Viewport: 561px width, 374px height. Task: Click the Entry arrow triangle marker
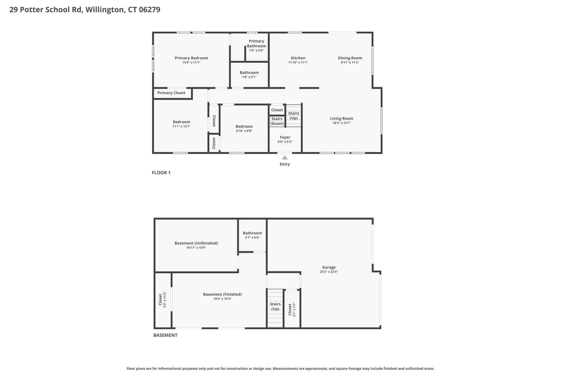tap(285, 158)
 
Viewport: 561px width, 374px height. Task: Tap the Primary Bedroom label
tap(191, 58)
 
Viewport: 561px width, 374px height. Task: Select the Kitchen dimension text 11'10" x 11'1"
tap(298, 62)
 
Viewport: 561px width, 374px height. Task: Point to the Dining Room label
tap(350, 58)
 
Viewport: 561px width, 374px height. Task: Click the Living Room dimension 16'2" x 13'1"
tap(342, 123)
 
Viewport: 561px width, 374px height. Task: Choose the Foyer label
tap(285, 137)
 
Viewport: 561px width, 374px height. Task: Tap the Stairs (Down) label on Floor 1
tap(277, 121)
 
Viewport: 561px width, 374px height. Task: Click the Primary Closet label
tap(171, 93)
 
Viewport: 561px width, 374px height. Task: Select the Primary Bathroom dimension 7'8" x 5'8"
tap(256, 50)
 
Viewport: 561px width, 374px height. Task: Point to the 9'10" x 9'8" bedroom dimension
tap(244, 131)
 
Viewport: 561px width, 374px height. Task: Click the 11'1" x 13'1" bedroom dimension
tap(181, 126)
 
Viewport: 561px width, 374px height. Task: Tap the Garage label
tap(329, 267)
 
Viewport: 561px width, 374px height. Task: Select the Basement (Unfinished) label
tap(196, 243)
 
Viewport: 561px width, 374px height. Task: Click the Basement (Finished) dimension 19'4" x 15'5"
tap(222, 299)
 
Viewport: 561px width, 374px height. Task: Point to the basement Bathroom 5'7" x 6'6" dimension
tap(252, 238)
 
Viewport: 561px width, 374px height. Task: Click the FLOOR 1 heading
tap(161, 173)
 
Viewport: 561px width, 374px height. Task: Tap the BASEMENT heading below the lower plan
tap(165, 335)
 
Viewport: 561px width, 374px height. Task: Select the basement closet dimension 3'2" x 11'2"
tap(165, 300)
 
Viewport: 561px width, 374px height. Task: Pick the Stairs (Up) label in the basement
tap(275, 307)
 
